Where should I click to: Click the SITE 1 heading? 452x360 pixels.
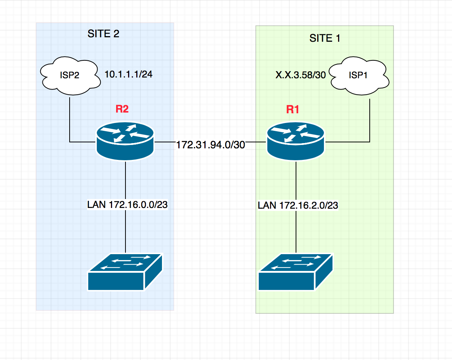click(x=325, y=38)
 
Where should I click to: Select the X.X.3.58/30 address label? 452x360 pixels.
click(x=300, y=75)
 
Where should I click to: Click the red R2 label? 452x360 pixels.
click(x=122, y=109)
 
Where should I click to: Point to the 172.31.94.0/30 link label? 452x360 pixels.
click(x=210, y=145)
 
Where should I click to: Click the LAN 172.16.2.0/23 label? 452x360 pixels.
click(x=298, y=205)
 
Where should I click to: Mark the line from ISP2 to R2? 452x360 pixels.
click(x=70, y=119)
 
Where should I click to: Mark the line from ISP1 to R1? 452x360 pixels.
click(x=370, y=119)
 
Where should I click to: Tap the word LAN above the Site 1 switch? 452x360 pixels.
click(x=267, y=205)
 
